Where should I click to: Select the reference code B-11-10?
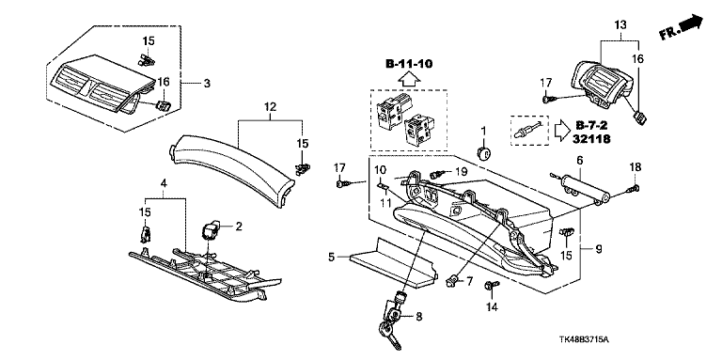coord(409,64)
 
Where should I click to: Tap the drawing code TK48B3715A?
coord(584,340)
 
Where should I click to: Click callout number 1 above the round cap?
coord(483,132)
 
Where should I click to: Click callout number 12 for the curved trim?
coord(270,107)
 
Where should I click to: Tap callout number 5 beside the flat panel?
coord(332,257)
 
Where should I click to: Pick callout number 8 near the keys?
coord(418,316)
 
